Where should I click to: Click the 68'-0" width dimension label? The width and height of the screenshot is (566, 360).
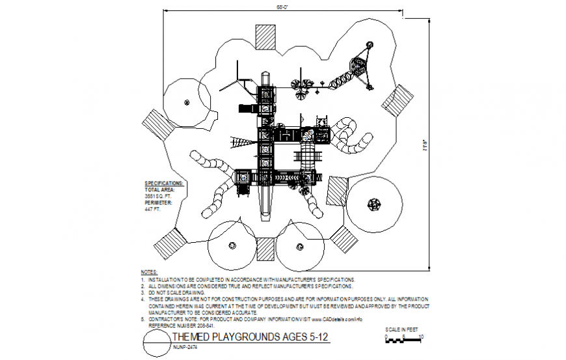[282, 7]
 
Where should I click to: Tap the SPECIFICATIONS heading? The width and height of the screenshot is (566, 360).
[163, 183]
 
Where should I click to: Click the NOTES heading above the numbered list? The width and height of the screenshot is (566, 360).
[148, 271]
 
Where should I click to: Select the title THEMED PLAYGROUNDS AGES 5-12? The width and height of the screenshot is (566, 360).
[250, 337]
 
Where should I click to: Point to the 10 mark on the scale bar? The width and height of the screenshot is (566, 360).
[422, 337]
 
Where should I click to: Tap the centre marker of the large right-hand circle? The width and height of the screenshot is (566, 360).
[375, 204]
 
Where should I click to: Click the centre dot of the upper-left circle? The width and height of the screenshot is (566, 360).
[187, 101]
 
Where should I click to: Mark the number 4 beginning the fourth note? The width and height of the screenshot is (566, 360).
[142, 299]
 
